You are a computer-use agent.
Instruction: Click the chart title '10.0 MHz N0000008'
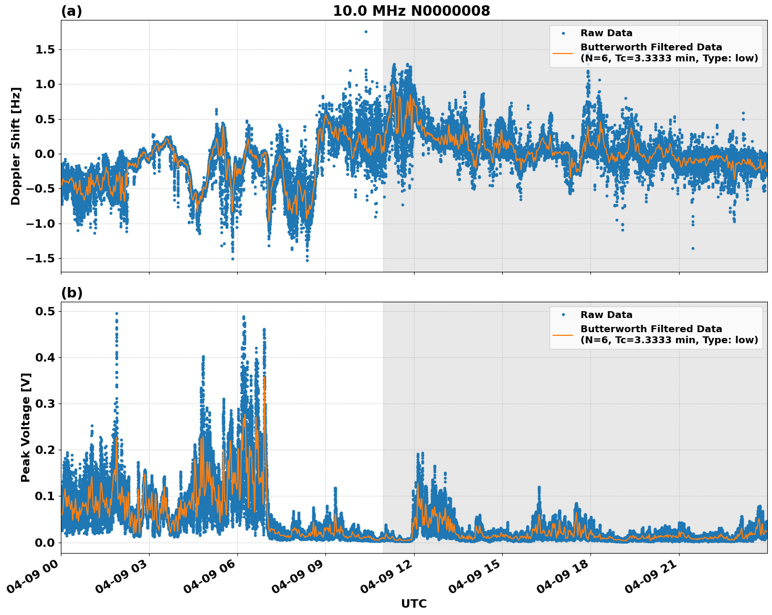[x=411, y=11]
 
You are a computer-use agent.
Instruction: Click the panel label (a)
[x=71, y=11]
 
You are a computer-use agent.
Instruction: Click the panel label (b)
[x=71, y=293]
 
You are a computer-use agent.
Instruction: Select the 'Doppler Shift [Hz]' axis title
[x=16, y=146]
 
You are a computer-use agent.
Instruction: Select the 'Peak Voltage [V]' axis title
[x=26, y=427]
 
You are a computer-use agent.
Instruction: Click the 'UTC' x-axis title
[x=414, y=603]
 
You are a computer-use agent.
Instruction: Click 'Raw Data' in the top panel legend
[x=606, y=34]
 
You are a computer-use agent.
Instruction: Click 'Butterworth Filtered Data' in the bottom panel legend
[x=651, y=329]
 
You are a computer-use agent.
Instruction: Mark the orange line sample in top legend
[x=563, y=52]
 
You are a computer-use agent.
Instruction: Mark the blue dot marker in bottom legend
[x=563, y=315]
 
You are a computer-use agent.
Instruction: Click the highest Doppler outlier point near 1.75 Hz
[x=366, y=31]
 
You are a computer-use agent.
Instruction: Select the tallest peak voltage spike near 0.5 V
[x=117, y=313]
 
